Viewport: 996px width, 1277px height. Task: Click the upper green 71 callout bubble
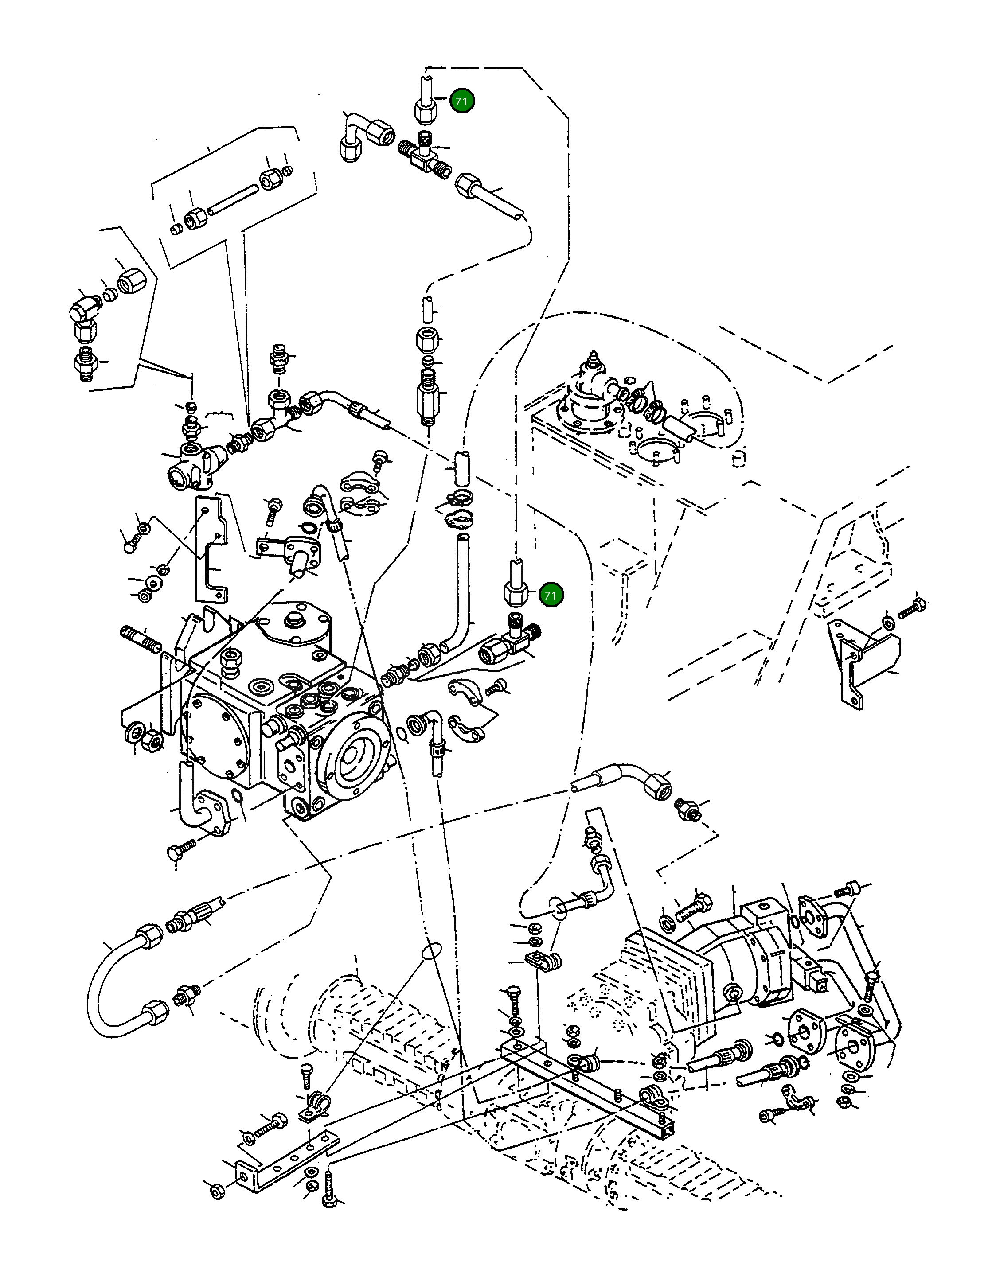(461, 101)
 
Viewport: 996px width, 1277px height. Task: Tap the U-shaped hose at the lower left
(111, 1001)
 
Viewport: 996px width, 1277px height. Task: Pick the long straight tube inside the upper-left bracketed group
(233, 200)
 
